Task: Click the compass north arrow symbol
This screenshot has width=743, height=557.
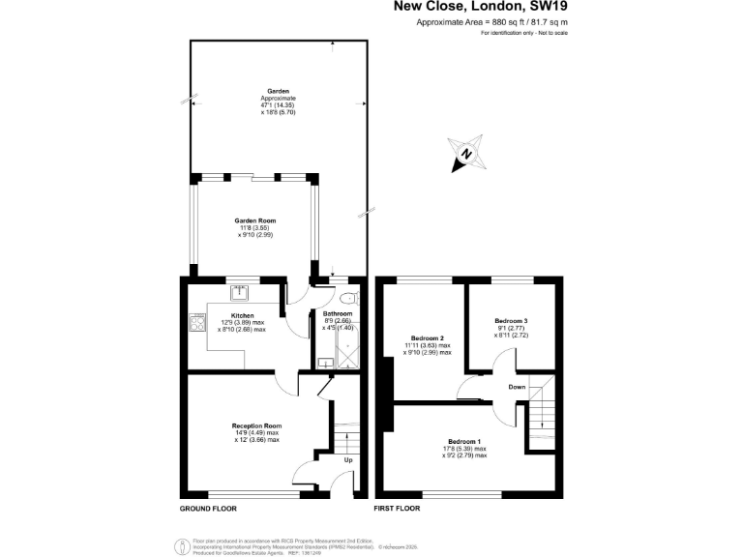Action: tap(466, 153)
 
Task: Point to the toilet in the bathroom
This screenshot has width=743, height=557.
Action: tap(349, 299)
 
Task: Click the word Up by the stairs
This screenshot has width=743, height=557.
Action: tap(348, 459)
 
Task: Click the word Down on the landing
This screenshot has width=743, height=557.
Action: tap(517, 387)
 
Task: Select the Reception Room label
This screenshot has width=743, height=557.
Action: tap(256, 425)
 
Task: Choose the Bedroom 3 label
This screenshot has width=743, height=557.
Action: tap(511, 320)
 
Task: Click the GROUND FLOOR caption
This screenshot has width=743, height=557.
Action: tap(208, 508)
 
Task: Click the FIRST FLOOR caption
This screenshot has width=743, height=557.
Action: tap(397, 508)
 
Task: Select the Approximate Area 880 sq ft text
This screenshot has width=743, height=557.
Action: tap(490, 22)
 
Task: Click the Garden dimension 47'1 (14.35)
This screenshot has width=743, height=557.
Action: tap(279, 105)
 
